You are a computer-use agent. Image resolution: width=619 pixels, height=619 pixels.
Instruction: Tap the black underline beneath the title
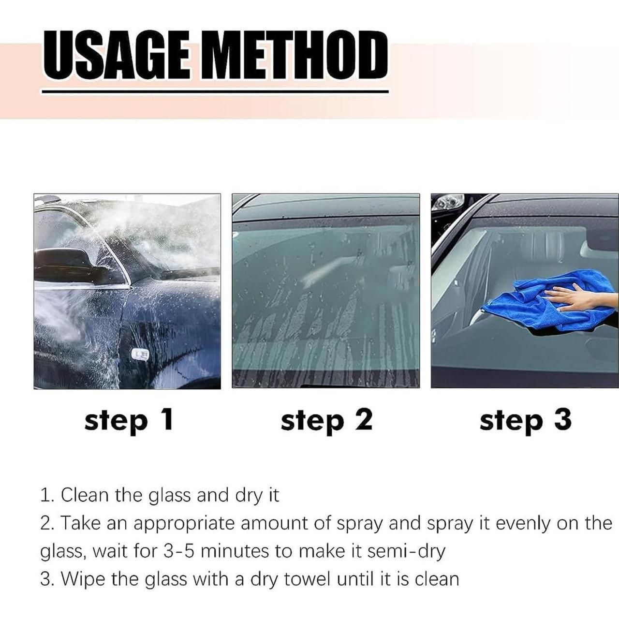point(215,91)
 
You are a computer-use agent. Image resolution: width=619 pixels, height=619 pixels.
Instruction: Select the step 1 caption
point(128,420)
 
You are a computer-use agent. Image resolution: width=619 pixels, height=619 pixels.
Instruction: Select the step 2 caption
point(326,420)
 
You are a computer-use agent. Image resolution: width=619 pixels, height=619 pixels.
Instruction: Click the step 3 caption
point(525,420)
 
